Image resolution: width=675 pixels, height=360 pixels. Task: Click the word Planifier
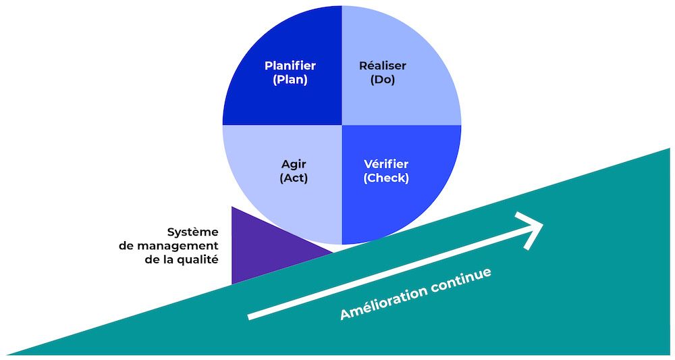click(290, 66)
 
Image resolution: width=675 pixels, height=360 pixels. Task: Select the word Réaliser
click(383, 66)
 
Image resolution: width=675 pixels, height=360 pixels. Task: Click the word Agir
click(294, 164)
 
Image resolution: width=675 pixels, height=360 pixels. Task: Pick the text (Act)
click(294, 178)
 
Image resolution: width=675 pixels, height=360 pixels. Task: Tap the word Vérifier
click(386, 164)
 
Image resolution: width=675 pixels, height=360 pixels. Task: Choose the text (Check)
click(386, 178)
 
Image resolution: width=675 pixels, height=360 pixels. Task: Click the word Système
click(193, 232)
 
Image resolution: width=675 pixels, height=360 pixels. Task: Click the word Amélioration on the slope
click(383, 302)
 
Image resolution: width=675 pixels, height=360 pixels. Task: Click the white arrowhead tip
click(542, 226)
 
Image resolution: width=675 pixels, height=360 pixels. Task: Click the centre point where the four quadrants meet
click(342, 125)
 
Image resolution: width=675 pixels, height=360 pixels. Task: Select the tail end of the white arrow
click(250, 316)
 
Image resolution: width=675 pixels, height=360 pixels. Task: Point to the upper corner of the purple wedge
click(232, 207)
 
